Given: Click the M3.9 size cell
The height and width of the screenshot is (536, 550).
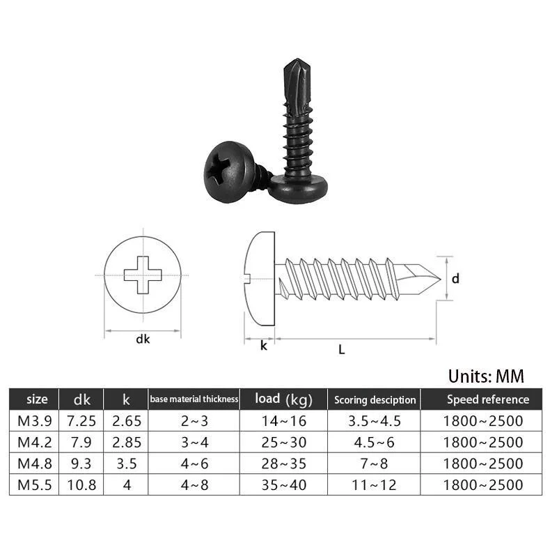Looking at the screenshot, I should pos(33,421).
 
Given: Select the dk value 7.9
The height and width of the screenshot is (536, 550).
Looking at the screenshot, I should pos(81,442).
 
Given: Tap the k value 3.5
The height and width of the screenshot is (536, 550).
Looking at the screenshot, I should pos(126,463).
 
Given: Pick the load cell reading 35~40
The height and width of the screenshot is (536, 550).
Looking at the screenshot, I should pos(283,484).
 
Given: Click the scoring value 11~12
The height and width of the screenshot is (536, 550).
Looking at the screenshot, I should pos(375,484).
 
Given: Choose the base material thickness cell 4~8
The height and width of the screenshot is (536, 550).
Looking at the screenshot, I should pos(194,484).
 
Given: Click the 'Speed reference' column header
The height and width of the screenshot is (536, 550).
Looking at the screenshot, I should pos(487,399).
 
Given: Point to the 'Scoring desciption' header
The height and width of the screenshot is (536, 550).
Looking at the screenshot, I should pos(375,399).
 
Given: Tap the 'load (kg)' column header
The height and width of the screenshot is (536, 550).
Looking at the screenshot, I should pos(283,399).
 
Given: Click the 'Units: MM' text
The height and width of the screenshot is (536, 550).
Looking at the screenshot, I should pos(485,376).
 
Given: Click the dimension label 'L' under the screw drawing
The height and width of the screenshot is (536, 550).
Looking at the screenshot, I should pos(341,350).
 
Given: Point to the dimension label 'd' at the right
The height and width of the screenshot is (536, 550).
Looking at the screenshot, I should pos(455,279).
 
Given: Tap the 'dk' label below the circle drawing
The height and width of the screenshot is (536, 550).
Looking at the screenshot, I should pos(143,340).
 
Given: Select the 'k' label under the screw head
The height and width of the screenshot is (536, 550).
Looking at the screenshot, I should pos(263,345).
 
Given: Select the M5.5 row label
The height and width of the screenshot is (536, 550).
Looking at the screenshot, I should pos(33,484).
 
